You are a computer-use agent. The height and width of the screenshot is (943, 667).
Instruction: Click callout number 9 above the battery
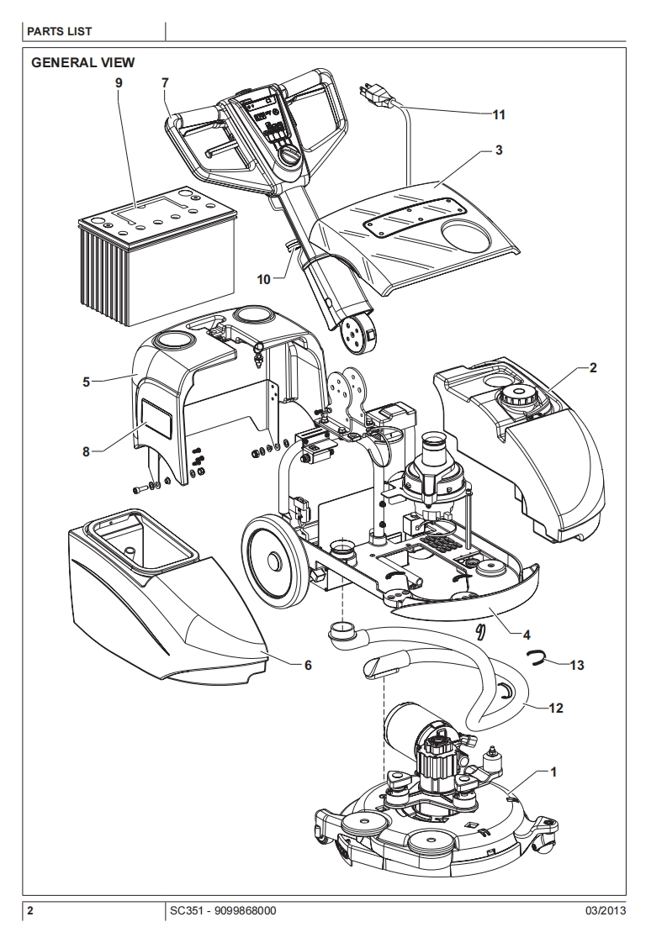119,82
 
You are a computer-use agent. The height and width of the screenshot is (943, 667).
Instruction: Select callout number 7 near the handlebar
165,82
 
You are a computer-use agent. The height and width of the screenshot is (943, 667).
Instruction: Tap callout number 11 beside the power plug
499,113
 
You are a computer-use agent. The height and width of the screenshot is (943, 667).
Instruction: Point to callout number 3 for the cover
499,150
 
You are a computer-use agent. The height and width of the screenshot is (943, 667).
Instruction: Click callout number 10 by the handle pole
264,279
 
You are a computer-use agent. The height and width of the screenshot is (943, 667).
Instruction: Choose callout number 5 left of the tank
86,382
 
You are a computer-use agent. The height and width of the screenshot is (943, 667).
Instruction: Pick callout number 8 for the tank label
86,451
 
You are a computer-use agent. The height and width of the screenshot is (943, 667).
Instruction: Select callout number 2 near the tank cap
593,367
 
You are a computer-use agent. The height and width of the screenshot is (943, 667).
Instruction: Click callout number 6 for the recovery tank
308,664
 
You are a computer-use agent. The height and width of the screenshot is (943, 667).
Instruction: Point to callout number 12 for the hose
555,709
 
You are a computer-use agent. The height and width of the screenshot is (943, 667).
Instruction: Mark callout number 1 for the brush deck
553,770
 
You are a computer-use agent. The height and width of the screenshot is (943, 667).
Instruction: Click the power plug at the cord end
375,94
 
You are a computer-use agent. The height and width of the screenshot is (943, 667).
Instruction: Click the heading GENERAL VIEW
82,63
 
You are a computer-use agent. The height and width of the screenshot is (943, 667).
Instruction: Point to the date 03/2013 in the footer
606,911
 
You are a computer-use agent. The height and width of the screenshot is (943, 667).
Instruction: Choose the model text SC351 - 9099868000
222,911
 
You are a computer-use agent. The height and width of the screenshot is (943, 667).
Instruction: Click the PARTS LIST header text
60,32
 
